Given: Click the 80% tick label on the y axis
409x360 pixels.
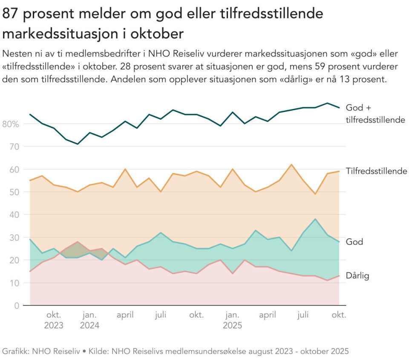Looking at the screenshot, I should [11, 124].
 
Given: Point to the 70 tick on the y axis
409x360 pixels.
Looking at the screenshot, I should [14, 147].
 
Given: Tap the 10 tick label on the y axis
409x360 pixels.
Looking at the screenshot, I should [14, 283].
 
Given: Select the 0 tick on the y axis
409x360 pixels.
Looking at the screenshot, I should [17, 306].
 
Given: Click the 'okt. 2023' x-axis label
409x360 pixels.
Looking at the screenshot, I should [54, 320].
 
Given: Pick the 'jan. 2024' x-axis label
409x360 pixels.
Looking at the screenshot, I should [89, 320].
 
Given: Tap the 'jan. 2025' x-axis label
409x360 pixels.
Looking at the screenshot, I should [232, 320].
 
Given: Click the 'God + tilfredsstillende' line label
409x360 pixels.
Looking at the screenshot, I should [375, 114].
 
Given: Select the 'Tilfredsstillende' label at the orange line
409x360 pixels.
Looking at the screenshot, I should [376, 171].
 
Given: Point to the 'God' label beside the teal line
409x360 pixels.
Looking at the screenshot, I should [354, 242].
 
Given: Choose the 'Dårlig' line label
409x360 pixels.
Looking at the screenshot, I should [357, 276].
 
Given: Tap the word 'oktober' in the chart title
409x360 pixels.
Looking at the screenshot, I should [157, 33].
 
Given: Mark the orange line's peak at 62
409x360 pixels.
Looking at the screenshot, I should [291, 164].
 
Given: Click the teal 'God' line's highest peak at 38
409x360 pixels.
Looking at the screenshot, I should [315, 219].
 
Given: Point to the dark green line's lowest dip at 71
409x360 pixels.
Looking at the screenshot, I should [78, 144].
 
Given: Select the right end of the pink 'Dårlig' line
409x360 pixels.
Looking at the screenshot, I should [339, 276].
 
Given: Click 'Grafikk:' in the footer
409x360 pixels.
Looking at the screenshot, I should [15, 351].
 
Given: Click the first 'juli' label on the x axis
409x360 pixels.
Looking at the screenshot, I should [161, 315].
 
